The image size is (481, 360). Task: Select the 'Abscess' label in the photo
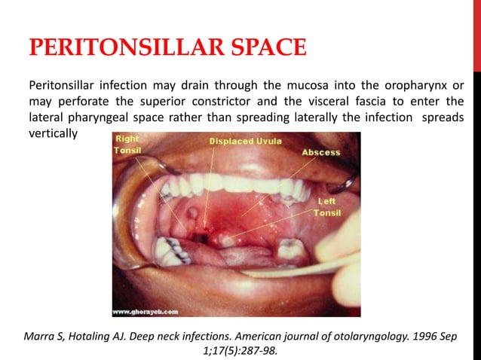click(321, 151)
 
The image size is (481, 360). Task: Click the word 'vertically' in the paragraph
click(53, 133)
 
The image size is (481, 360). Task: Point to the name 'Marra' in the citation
click(40, 334)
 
